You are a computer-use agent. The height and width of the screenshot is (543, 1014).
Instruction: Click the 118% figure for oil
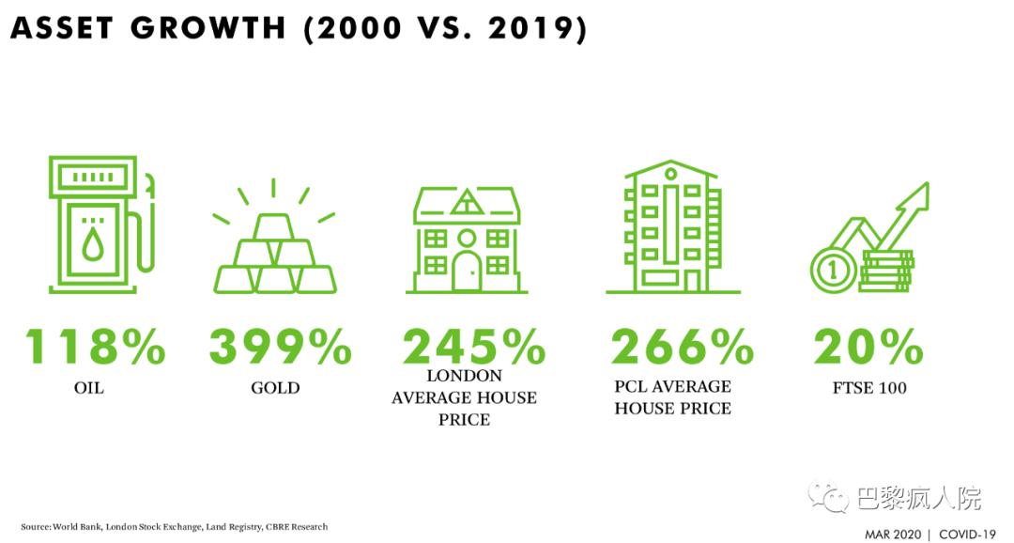(x=95, y=347)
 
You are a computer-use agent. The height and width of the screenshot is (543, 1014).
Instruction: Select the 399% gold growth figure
(x=280, y=347)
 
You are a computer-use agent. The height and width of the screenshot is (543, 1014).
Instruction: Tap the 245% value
(x=474, y=347)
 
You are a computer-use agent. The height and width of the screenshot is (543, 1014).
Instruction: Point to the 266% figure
(x=683, y=347)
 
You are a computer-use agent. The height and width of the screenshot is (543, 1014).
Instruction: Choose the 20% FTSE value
(x=868, y=347)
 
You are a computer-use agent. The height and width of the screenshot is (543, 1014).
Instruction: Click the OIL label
(x=88, y=388)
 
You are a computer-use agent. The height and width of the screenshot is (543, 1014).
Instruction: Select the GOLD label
(x=275, y=388)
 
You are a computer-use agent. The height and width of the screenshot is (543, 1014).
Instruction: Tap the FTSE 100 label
(x=869, y=388)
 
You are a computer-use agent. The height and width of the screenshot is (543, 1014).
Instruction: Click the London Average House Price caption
(x=465, y=398)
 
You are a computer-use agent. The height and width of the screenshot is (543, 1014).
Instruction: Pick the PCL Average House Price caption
(x=673, y=397)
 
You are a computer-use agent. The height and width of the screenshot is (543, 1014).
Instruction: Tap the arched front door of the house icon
(x=467, y=271)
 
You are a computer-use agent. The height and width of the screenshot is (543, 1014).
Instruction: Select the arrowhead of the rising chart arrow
(x=915, y=197)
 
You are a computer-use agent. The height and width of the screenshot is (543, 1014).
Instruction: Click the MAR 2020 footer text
(x=894, y=535)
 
